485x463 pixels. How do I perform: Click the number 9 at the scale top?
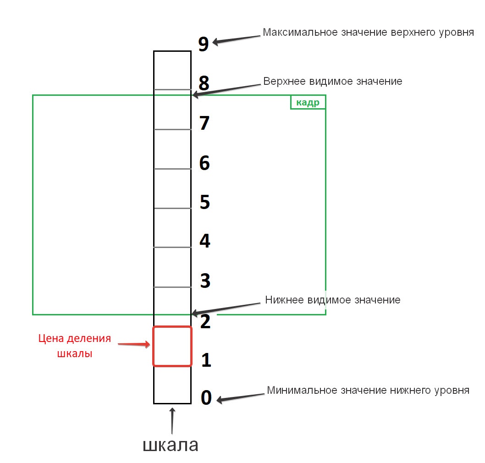(x=204, y=44)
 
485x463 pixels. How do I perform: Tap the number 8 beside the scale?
(x=204, y=83)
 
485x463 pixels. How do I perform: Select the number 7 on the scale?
(x=204, y=123)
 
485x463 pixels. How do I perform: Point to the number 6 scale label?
(x=204, y=163)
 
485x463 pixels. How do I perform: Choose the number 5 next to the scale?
(x=204, y=202)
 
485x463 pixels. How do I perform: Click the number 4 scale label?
(x=204, y=241)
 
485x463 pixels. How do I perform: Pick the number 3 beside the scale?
(x=205, y=281)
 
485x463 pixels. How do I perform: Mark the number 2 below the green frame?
(x=206, y=322)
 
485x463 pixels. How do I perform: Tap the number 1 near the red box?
(x=206, y=360)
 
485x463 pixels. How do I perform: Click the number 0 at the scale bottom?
(x=206, y=398)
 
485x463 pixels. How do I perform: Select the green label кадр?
(x=308, y=103)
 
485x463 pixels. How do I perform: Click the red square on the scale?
(x=172, y=346)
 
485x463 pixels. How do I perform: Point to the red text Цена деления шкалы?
(x=74, y=346)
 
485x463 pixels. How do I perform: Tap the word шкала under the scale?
(x=171, y=445)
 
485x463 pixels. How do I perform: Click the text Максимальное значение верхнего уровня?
(x=368, y=33)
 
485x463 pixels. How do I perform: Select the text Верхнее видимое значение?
(x=333, y=81)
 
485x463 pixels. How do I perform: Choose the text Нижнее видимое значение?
(x=333, y=300)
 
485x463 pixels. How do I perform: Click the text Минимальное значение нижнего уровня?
(x=368, y=391)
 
